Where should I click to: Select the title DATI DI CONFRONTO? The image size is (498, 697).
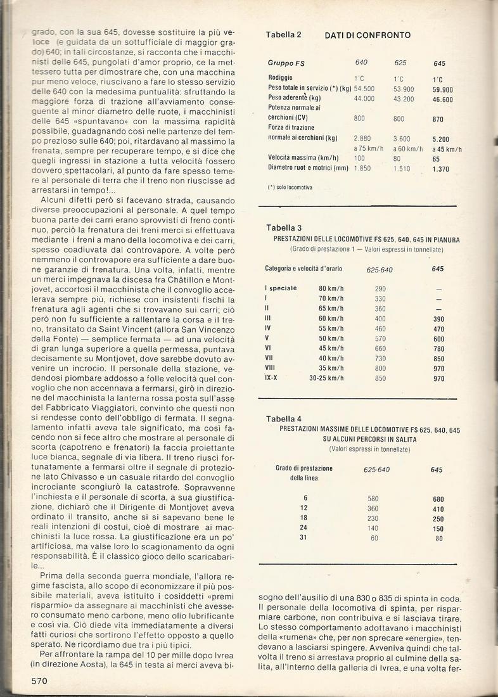pyautogui.click(x=367, y=35)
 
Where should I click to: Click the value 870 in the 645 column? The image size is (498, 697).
pyautogui.click(x=438, y=118)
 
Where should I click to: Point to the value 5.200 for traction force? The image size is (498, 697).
pyautogui.click(x=442, y=138)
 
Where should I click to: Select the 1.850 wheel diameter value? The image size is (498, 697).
pyautogui.click(x=364, y=168)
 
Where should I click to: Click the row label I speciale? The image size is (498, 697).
pyautogui.click(x=280, y=288)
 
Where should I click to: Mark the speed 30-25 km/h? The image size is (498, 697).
pyautogui.click(x=326, y=378)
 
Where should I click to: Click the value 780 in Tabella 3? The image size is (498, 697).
pyautogui.click(x=438, y=348)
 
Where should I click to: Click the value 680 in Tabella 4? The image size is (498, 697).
pyautogui.click(x=437, y=499)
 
